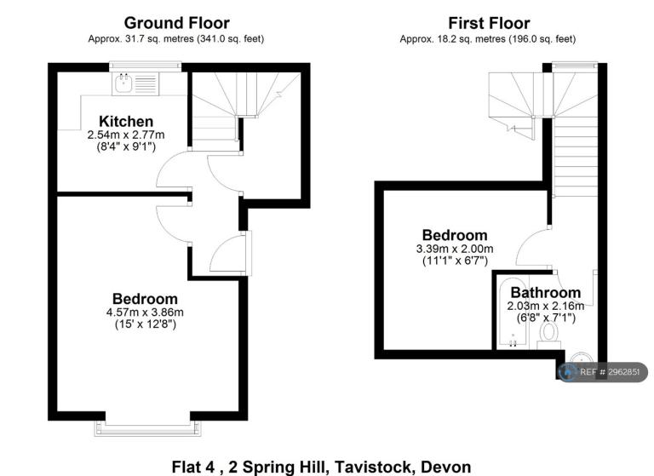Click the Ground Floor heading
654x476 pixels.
[x=176, y=23]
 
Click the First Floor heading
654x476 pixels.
[x=489, y=23]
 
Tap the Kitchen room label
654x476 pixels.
[x=126, y=122]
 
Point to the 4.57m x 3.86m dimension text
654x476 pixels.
[x=145, y=312]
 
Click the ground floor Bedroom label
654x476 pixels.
[x=145, y=299]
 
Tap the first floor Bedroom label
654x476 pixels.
[x=455, y=235]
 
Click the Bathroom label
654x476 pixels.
[x=545, y=292]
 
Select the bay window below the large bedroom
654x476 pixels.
[x=147, y=427]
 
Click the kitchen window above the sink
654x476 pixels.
[x=145, y=66]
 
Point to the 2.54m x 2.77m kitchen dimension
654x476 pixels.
[x=126, y=135]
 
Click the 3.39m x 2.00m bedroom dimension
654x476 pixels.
[x=455, y=249]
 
